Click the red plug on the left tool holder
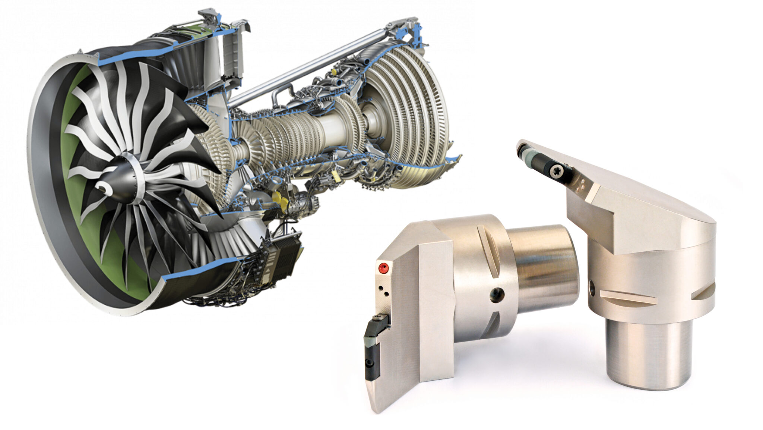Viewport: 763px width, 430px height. [382, 267]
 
